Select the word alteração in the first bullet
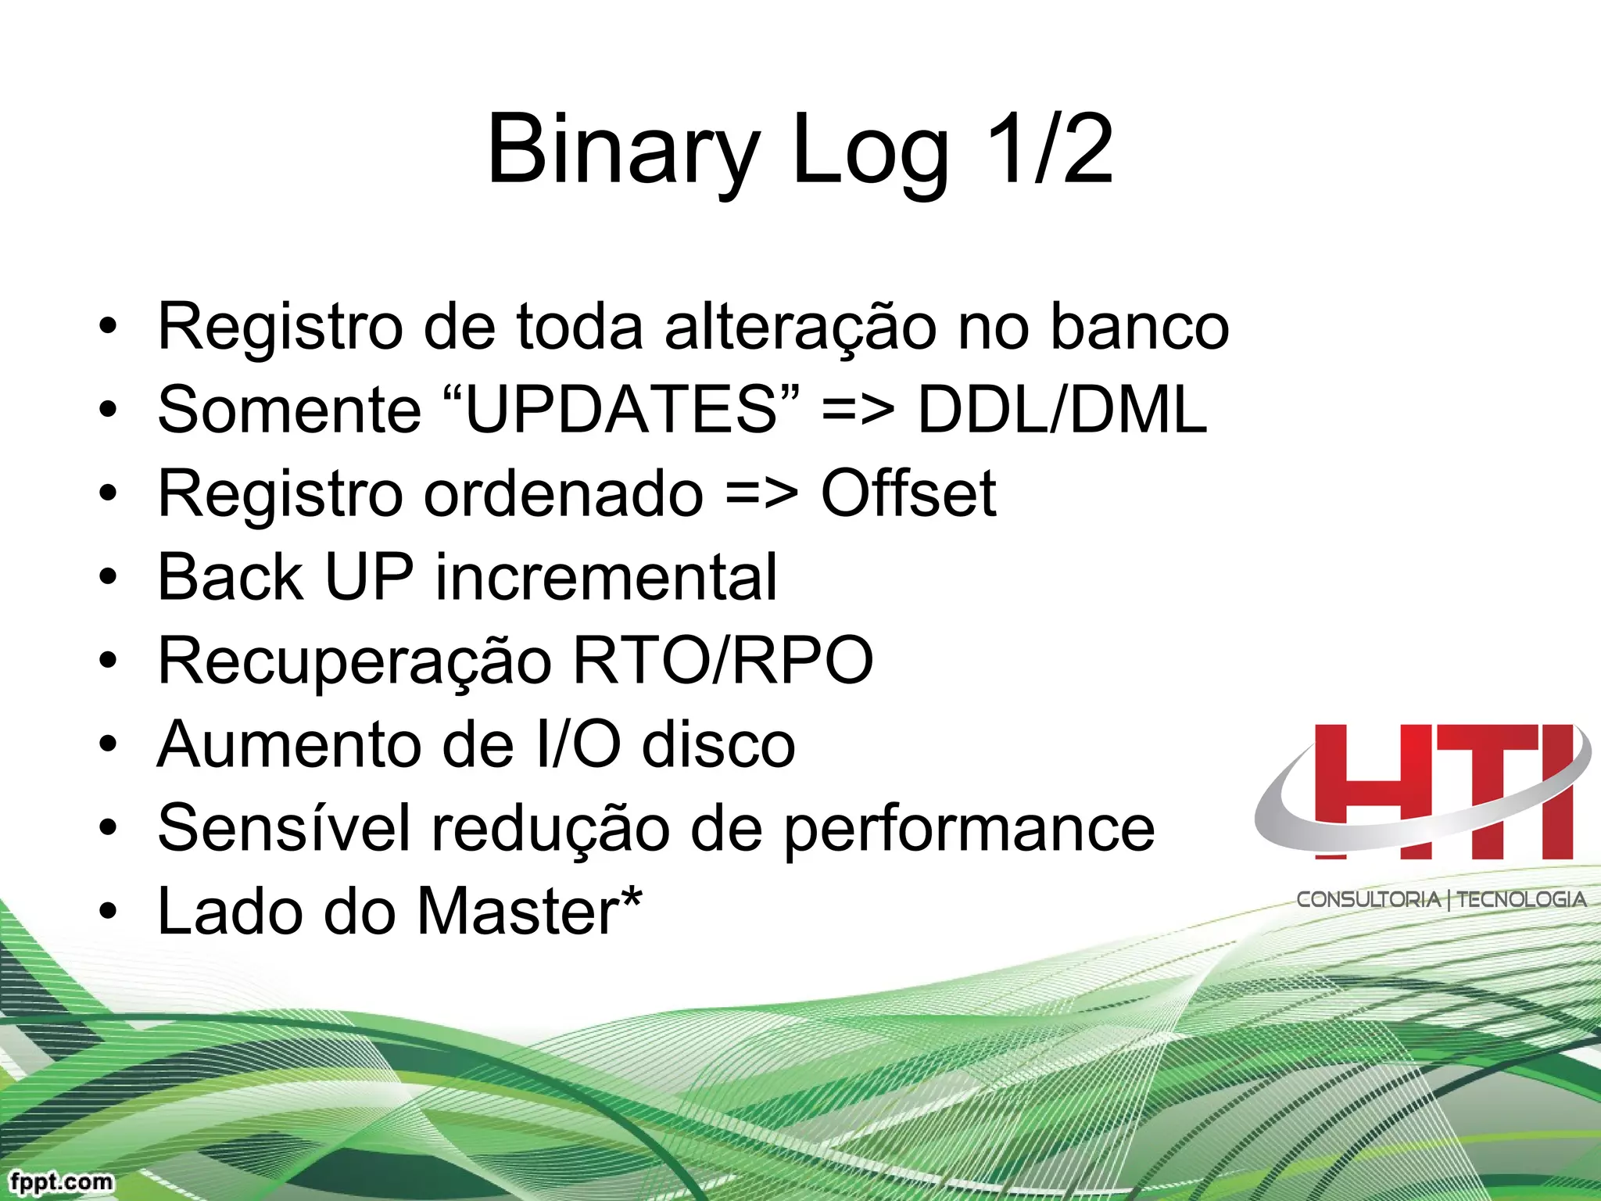click(x=800, y=327)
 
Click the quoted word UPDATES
click(x=621, y=410)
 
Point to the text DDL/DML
click(x=1062, y=410)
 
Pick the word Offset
click(x=908, y=493)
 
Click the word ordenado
click(x=563, y=493)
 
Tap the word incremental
click(x=606, y=577)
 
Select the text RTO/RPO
click(x=722, y=661)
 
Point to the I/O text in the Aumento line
click(x=578, y=744)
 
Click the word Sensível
click(x=284, y=828)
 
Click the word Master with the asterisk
click(x=528, y=911)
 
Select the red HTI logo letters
click(x=1442, y=791)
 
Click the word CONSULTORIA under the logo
click(x=1368, y=900)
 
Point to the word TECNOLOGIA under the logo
click(x=1521, y=900)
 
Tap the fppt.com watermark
click(x=62, y=1181)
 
